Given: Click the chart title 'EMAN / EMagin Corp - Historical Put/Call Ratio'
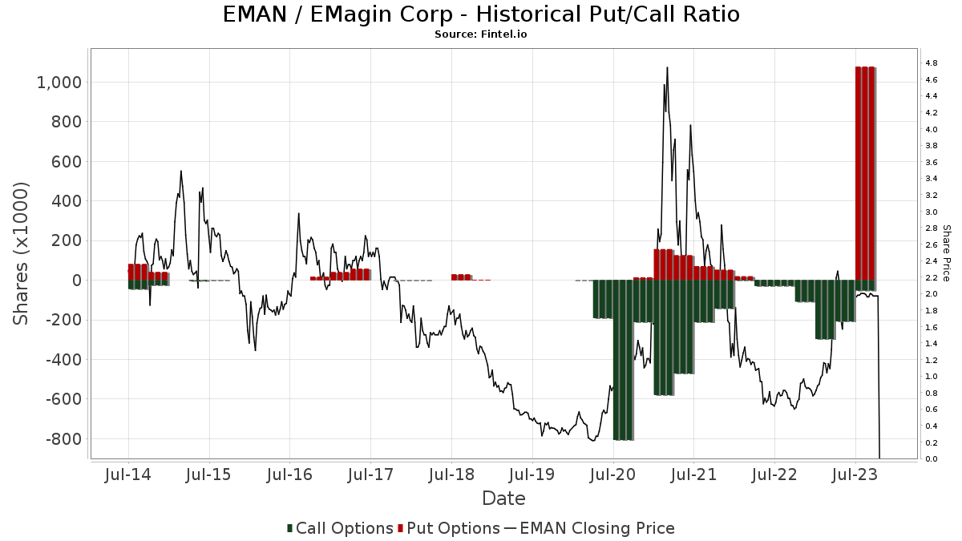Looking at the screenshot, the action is click(x=481, y=14).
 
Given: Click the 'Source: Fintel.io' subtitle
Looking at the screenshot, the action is click(x=480, y=34).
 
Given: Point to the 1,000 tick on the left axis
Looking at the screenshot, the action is click(x=59, y=83).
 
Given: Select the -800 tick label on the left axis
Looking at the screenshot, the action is click(x=63, y=439).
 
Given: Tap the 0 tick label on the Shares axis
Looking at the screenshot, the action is click(x=77, y=281).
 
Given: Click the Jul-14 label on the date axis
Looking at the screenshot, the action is click(x=128, y=474).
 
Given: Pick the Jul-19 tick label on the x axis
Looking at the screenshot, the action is click(x=532, y=474).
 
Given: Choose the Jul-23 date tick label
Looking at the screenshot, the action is click(x=855, y=474).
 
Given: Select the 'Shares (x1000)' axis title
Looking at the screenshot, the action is click(x=20, y=253).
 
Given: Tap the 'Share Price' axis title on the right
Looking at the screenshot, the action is click(x=946, y=253).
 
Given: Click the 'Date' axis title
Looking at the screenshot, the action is click(x=503, y=499).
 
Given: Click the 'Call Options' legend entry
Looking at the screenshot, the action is click(x=340, y=528).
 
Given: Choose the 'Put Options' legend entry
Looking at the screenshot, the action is click(x=449, y=528).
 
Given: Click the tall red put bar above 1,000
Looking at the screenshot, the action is click(x=865, y=173).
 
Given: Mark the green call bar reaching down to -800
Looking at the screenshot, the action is click(x=623, y=360).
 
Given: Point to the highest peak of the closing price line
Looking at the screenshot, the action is click(x=667, y=67).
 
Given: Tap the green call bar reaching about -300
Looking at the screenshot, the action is click(x=825, y=309).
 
